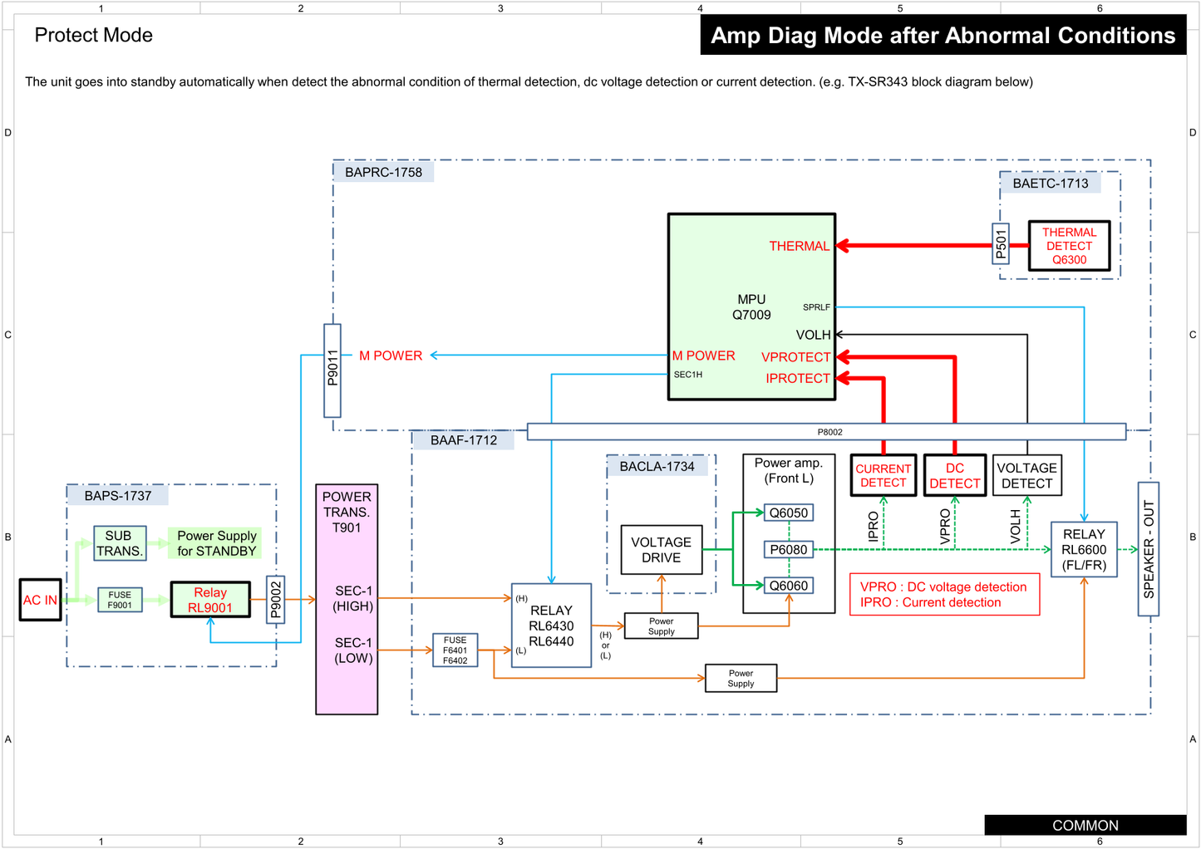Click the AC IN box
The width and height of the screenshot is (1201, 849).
click(41, 600)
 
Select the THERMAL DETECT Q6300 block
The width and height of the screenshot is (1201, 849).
click(1069, 246)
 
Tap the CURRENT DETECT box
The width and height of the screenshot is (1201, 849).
click(884, 475)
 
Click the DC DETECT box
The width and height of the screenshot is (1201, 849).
click(955, 475)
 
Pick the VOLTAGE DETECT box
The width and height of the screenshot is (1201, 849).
click(1026, 475)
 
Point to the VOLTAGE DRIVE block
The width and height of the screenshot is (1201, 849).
click(662, 550)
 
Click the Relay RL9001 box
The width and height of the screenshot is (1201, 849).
click(210, 600)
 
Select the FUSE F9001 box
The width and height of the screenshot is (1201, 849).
click(120, 600)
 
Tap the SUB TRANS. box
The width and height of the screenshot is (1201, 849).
click(120, 543)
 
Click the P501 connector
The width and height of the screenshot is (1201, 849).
click(1002, 243)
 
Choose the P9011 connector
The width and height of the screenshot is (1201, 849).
click(332, 370)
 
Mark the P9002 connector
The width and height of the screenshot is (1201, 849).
click(276, 600)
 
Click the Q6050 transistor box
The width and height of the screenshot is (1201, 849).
click(788, 513)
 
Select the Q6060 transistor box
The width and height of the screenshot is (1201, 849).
click(788, 586)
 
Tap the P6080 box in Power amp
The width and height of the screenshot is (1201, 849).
click(788, 549)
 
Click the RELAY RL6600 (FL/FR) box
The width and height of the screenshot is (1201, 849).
click(1084, 549)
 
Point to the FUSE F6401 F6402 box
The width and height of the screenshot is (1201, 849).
click(455, 650)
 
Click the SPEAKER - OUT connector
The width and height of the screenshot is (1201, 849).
click(1149, 549)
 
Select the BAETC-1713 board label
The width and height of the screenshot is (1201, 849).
click(1051, 184)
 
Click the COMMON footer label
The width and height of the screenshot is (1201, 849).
click(1085, 825)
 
